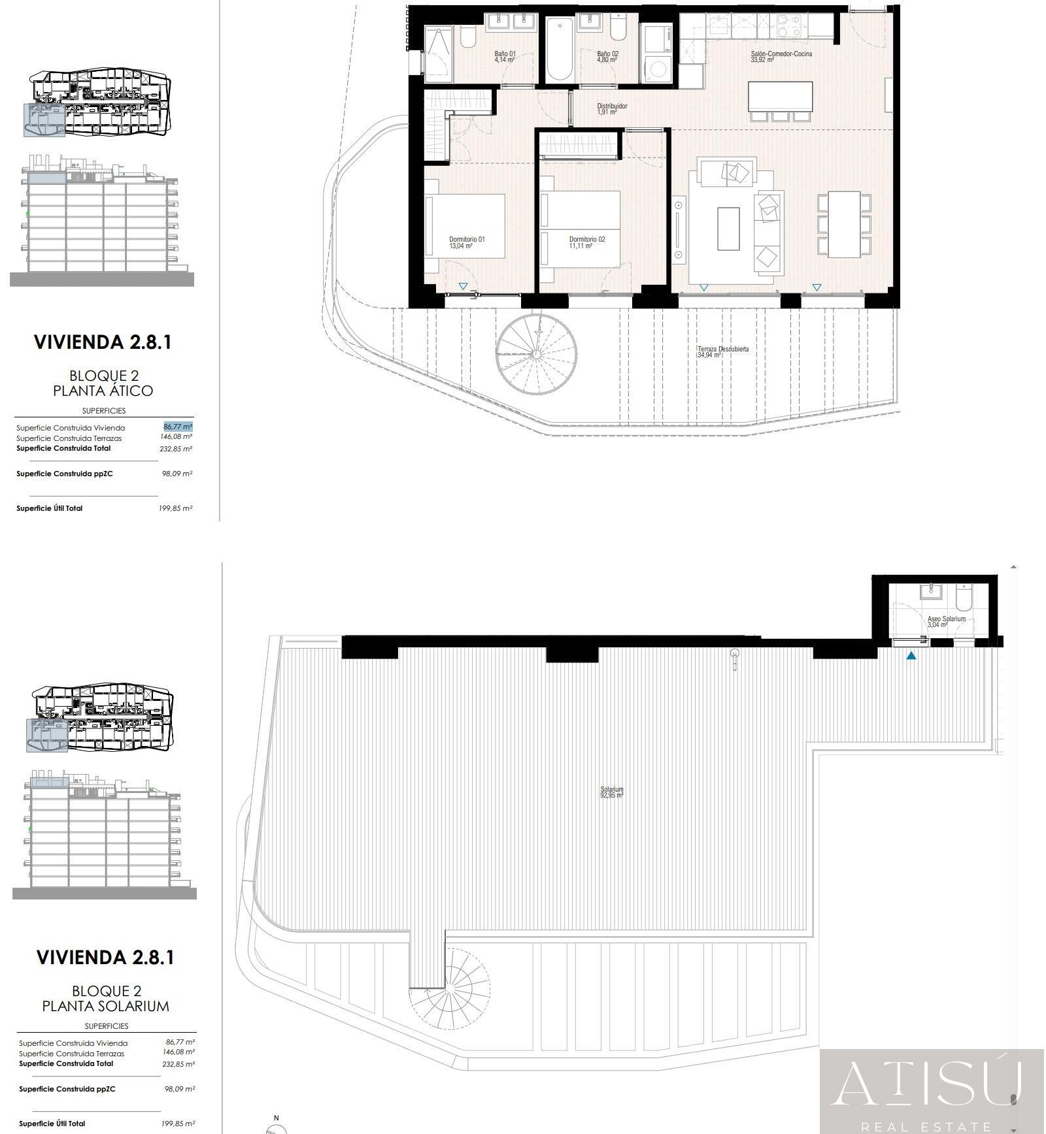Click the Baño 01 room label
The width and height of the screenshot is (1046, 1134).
(x=505, y=54)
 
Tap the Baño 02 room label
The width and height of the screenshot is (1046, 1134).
(x=607, y=54)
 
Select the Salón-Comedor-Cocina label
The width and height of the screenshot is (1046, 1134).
(x=781, y=54)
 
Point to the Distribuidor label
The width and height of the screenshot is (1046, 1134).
(x=612, y=106)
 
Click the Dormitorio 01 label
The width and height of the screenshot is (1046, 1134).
(x=467, y=239)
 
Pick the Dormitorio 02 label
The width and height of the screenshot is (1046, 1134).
(x=587, y=239)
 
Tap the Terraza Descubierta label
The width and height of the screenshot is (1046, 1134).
(x=723, y=349)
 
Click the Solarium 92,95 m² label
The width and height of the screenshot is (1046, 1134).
(x=612, y=792)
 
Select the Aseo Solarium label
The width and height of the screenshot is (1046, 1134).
(x=946, y=619)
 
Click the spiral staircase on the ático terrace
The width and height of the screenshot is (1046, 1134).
(x=536, y=353)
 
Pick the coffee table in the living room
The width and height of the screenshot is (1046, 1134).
(x=728, y=229)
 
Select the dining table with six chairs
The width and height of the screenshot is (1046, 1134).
(x=844, y=224)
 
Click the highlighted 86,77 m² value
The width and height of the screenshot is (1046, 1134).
(x=178, y=427)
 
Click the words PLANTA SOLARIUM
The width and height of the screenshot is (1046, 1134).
(x=106, y=1006)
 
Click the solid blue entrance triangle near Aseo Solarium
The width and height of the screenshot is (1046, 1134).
(x=911, y=655)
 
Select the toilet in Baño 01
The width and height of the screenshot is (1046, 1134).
(x=467, y=37)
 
